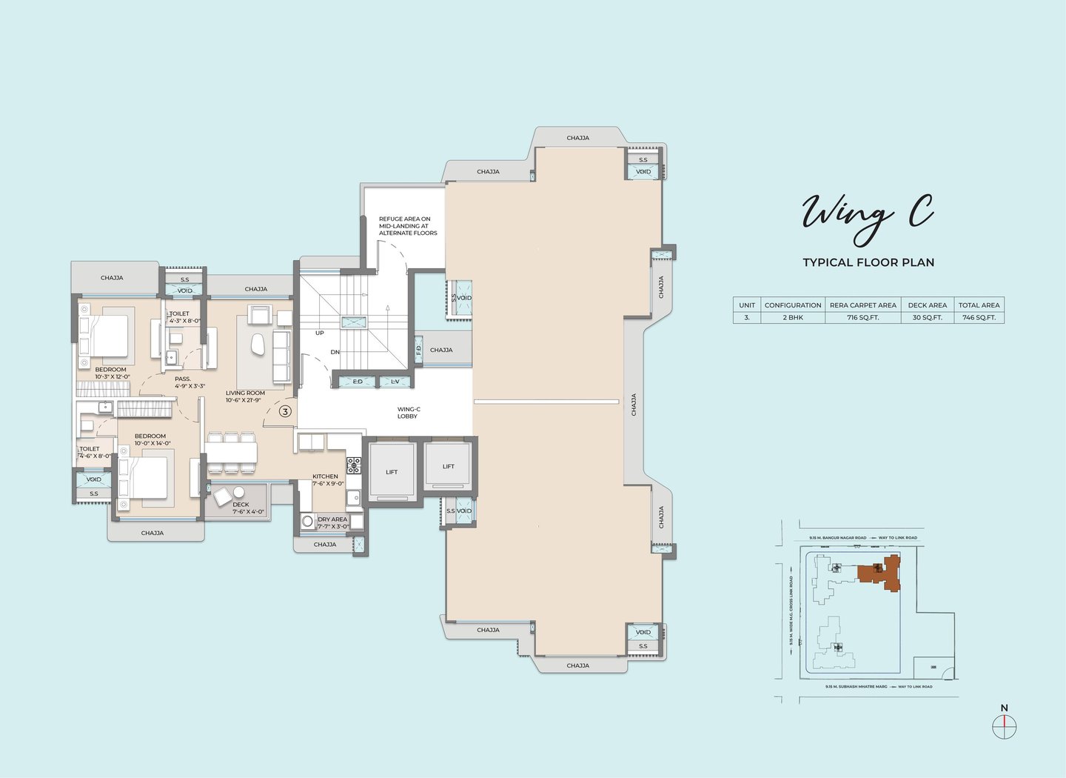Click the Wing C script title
(x=868, y=216)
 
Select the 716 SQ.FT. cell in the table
(x=862, y=317)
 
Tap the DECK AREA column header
(x=927, y=305)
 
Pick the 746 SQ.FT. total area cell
(x=979, y=317)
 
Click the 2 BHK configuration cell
(x=792, y=317)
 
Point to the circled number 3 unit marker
(x=285, y=411)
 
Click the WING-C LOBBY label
(x=408, y=413)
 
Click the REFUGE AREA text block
(x=408, y=226)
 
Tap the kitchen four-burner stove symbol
(x=354, y=465)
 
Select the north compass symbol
(x=1004, y=727)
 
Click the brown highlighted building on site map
(x=880, y=573)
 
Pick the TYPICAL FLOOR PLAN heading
(x=868, y=262)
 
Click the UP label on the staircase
(x=320, y=333)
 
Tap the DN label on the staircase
(x=335, y=352)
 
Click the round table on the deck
(x=239, y=493)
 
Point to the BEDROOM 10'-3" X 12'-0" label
(x=112, y=373)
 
